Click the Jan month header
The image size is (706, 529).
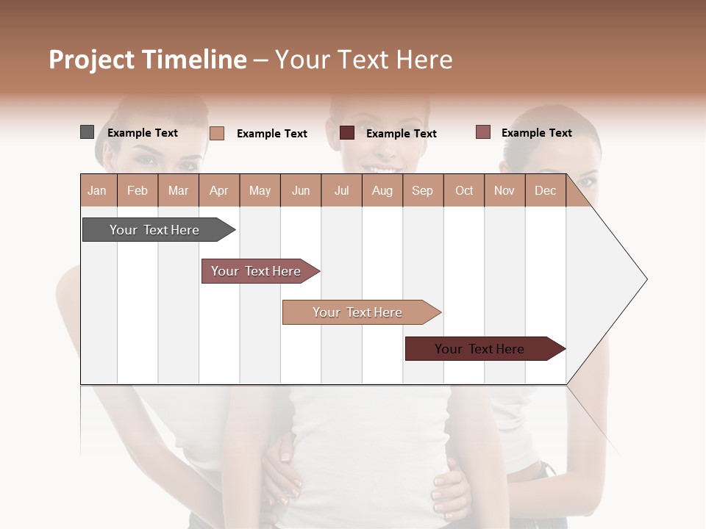click(x=98, y=190)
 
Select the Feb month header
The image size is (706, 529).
click(x=138, y=190)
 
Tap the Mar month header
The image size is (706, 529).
click(x=178, y=190)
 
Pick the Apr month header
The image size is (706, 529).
click(x=219, y=190)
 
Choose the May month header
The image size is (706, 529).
click(x=260, y=190)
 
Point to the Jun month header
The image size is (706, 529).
click(x=301, y=190)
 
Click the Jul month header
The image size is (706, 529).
click(x=341, y=190)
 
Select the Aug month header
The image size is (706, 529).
click(x=382, y=190)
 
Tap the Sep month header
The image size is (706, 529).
click(x=423, y=190)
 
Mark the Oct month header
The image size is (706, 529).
click(x=464, y=190)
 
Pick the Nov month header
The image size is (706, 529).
click(x=504, y=190)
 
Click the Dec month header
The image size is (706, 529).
click(x=546, y=190)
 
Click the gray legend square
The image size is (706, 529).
click(x=87, y=132)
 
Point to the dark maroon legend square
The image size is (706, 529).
click(x=347, y=133)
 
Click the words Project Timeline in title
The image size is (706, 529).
click(x=148, y=60)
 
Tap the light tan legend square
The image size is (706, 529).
click(x=217, y=133)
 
